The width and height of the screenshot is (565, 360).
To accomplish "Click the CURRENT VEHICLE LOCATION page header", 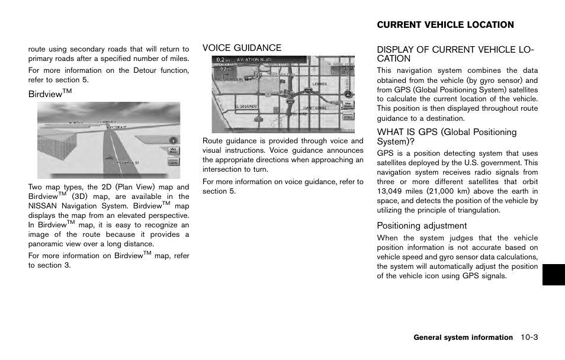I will (445, 25).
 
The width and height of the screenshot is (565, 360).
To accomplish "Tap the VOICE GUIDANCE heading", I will (242, 48).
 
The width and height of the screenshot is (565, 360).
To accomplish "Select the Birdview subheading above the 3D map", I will (46, 93).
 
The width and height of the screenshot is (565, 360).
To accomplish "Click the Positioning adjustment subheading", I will (422, 226).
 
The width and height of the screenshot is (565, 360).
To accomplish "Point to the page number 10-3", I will (529, 337).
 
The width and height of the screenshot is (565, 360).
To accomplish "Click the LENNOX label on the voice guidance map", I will (319, 84).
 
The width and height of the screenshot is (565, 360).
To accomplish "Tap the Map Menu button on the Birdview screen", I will (173, 151).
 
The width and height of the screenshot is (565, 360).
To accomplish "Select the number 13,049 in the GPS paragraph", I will (391, 191).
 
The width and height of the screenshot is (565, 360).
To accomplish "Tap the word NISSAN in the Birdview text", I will (43, 206).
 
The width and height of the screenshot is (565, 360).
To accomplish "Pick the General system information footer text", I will (463, 337).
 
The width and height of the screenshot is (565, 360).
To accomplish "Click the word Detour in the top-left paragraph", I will (145, 70).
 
